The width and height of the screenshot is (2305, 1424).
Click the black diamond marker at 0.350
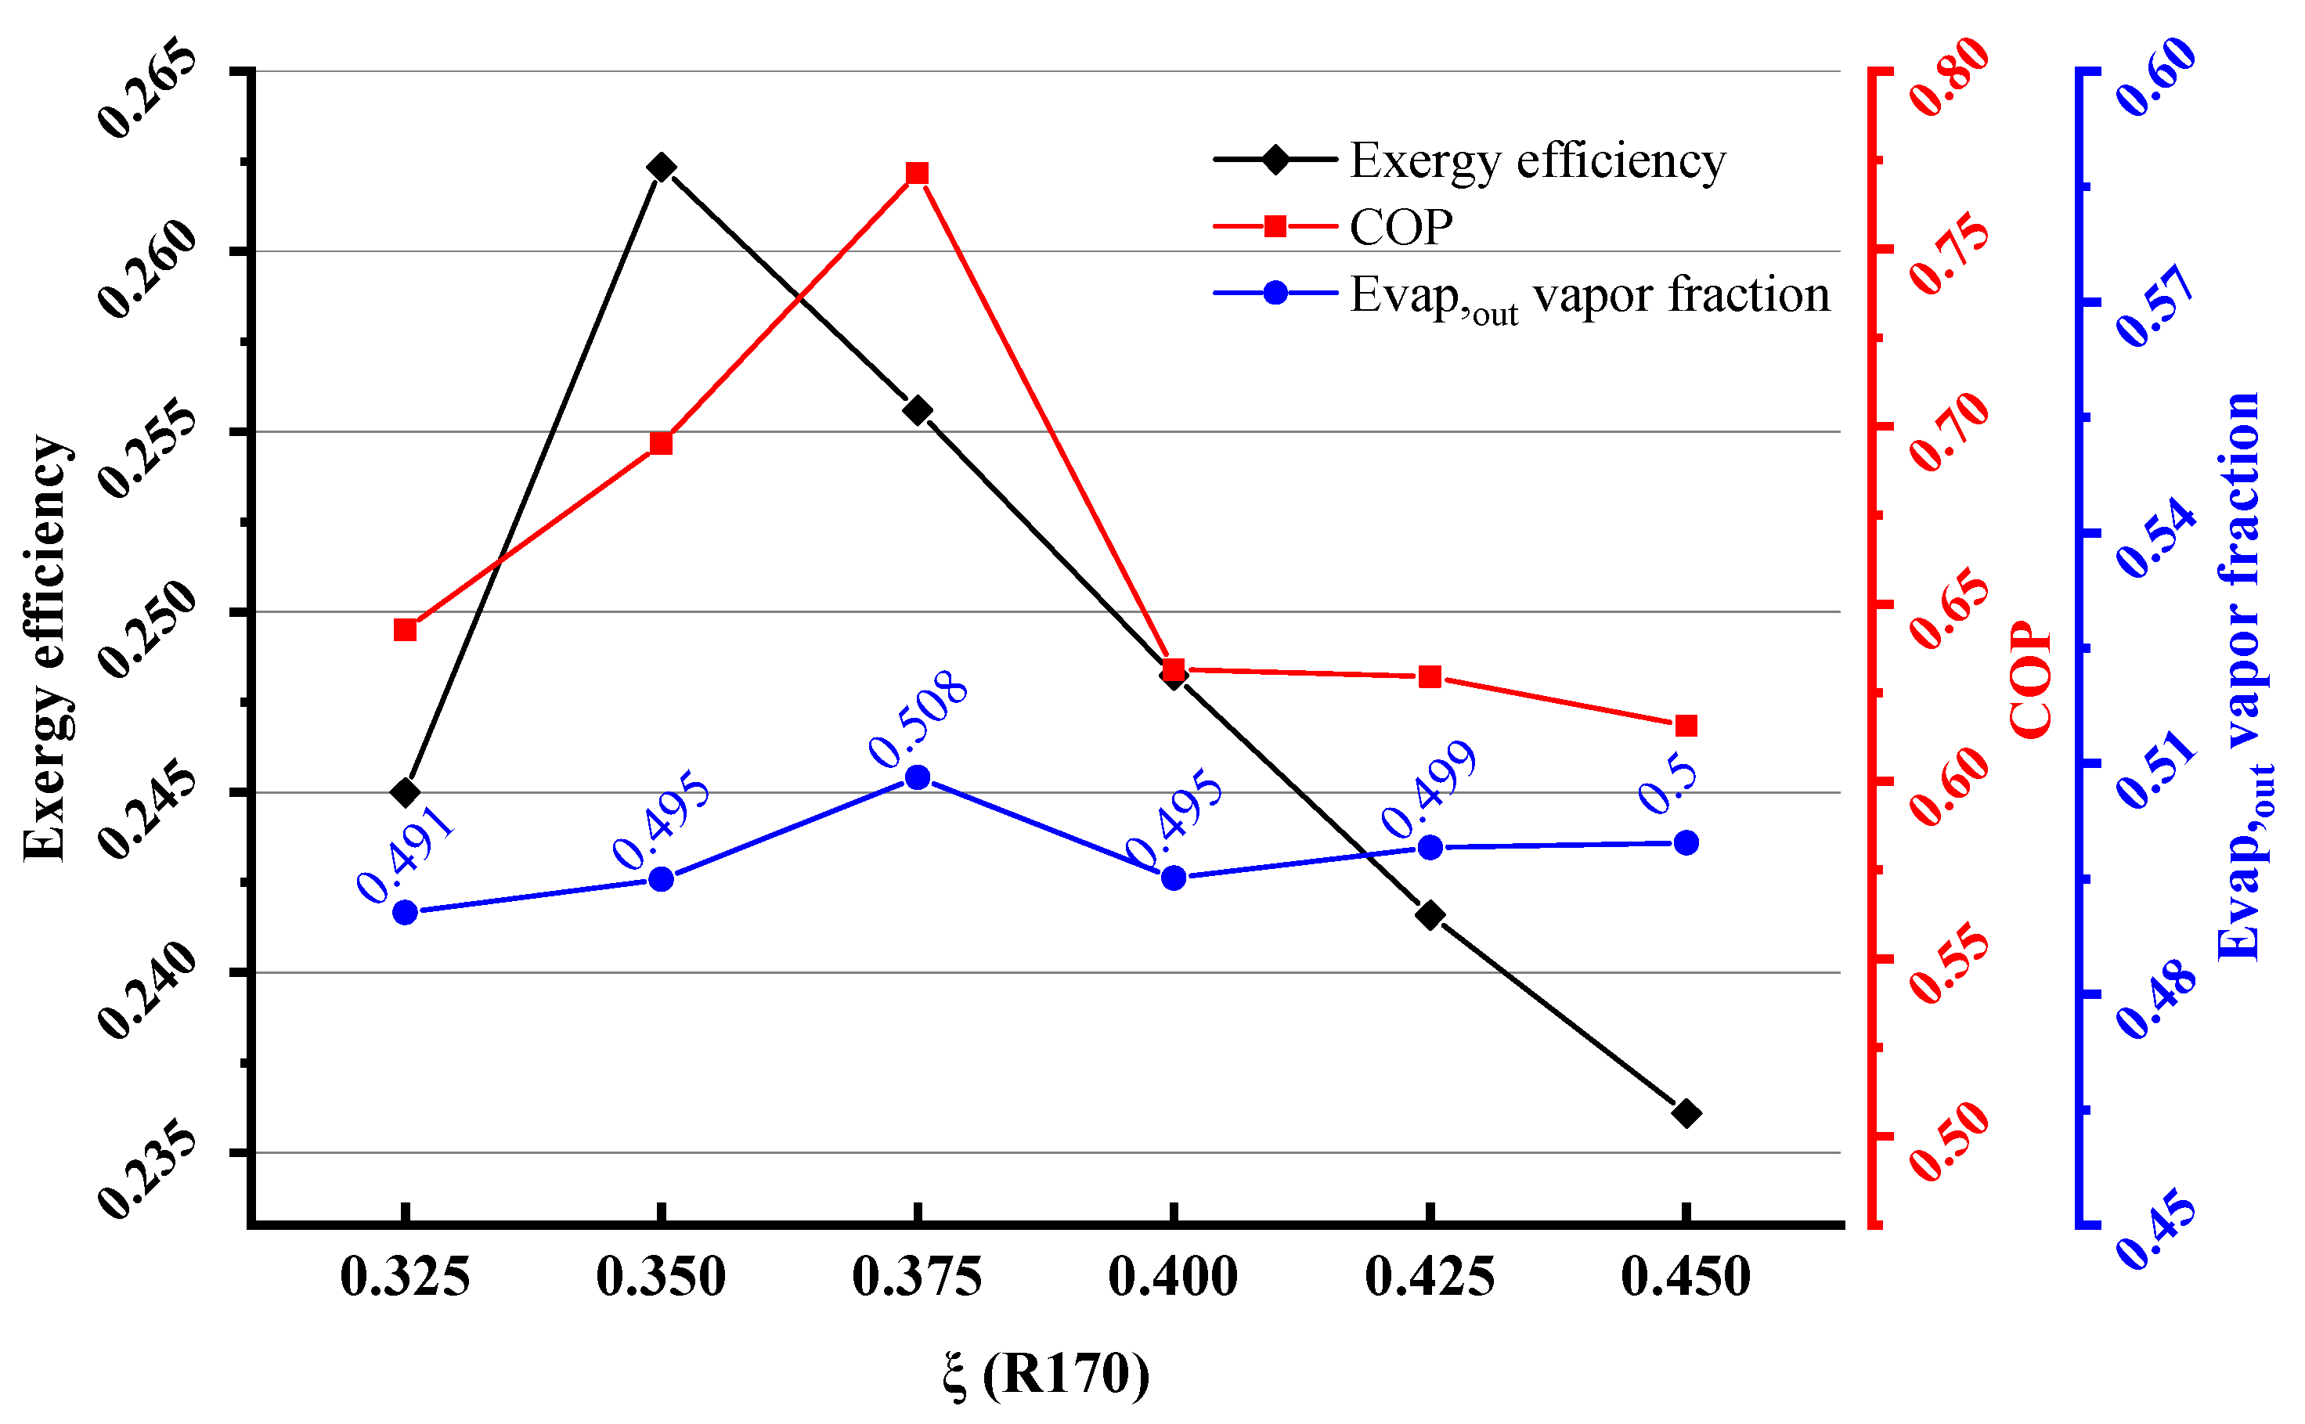662,168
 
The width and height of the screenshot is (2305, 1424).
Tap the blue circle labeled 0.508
918,778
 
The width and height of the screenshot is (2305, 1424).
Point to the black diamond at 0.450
1686,1114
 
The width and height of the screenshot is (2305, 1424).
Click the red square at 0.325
405,630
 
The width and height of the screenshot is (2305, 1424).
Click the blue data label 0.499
1428,789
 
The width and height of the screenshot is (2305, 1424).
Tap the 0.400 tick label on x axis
1173,1278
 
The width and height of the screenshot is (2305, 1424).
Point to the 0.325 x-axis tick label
405,1278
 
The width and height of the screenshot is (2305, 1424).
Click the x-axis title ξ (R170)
1045,1374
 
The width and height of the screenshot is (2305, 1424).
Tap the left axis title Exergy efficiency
45,648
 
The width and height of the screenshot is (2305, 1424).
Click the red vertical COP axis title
2031,680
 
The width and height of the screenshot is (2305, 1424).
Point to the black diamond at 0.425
1430,915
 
